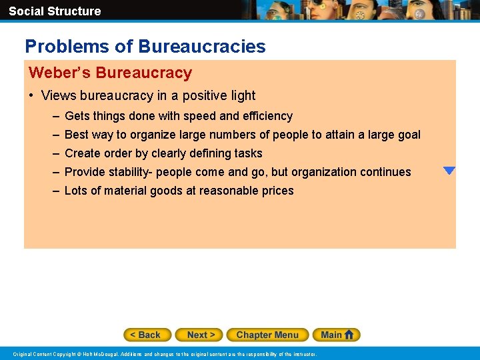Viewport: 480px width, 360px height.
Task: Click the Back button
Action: [x=147, y=335]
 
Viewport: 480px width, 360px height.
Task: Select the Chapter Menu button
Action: [x=267, y=335]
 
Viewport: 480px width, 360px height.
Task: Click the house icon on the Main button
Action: [x=349, y=334]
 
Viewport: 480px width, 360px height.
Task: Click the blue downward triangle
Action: [x=449, y=171]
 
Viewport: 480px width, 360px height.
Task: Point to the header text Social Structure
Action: [x=55, y=11]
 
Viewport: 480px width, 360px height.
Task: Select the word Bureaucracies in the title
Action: [x=201, y=47]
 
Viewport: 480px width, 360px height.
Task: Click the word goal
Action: [x=407, y=135]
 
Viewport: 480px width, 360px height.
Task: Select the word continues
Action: [x=385, y=172]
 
